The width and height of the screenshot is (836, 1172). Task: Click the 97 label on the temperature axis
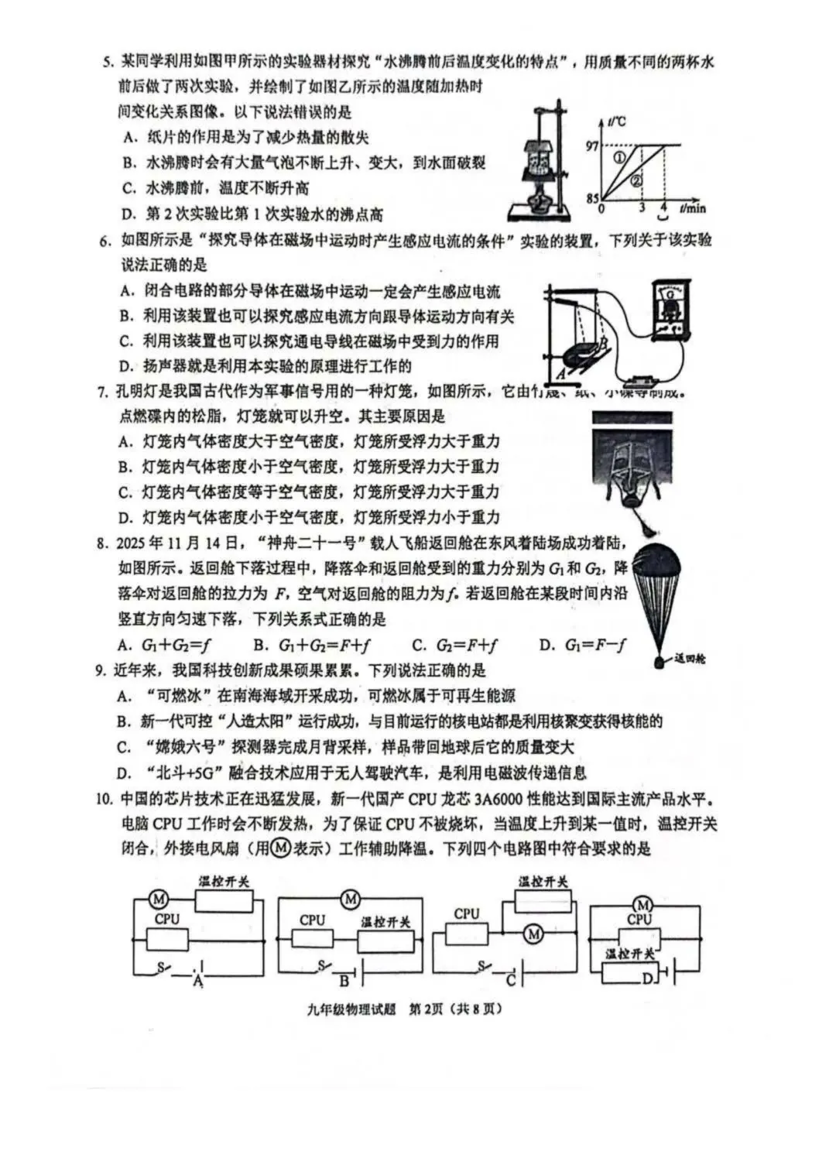(592, 145)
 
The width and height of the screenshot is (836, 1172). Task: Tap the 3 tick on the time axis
(642, 207)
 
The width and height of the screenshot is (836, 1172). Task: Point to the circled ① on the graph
(620, 158)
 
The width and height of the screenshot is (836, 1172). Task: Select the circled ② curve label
(636, 182)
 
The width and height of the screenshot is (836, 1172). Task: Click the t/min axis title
(693, 208)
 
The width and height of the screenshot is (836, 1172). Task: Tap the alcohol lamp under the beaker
(540, 204)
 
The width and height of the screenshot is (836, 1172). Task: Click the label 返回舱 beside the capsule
(689, 659)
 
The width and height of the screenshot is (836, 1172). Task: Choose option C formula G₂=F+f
(454, 645)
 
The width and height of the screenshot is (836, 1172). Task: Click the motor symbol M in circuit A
(159, 899)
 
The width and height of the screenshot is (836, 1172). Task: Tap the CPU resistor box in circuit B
(312, 937)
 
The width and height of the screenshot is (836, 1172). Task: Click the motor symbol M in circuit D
(640, 904)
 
